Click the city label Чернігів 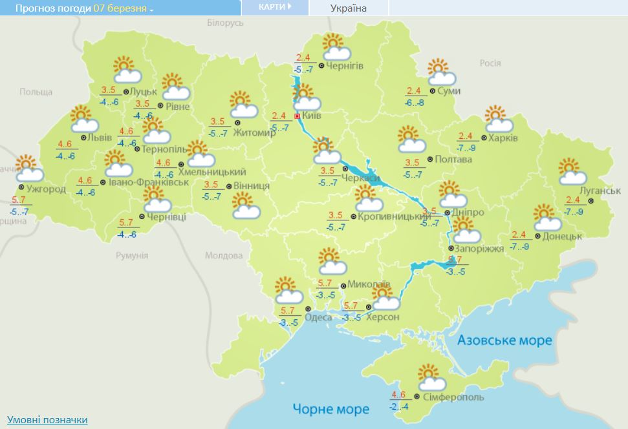(x=345, y=66)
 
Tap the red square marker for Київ (x=297, y=116)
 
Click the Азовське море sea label (x=504, y=340)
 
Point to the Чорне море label (x=330, y=409)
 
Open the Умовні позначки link (x=47, y=420)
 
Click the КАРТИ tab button (x=274, y=7)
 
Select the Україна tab (x=348, y=8)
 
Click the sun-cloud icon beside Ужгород (x=28, y=169)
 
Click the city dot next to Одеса (x=307, y=308)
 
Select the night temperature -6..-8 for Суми (x=415, y=103)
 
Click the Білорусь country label (x=225, y=23)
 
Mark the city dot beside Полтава (x=430, y=160)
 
